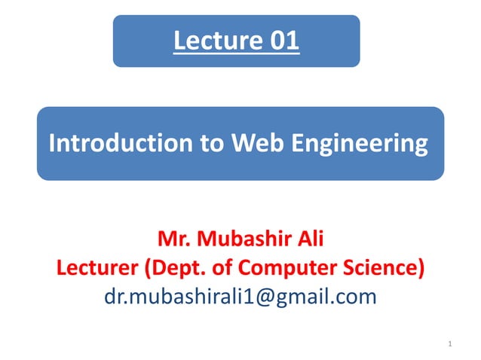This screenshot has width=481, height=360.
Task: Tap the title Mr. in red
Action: tap(174, 242)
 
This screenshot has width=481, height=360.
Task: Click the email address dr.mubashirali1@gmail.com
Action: tap(240, 296)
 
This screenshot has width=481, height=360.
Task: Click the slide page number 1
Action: tap(449, 345)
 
